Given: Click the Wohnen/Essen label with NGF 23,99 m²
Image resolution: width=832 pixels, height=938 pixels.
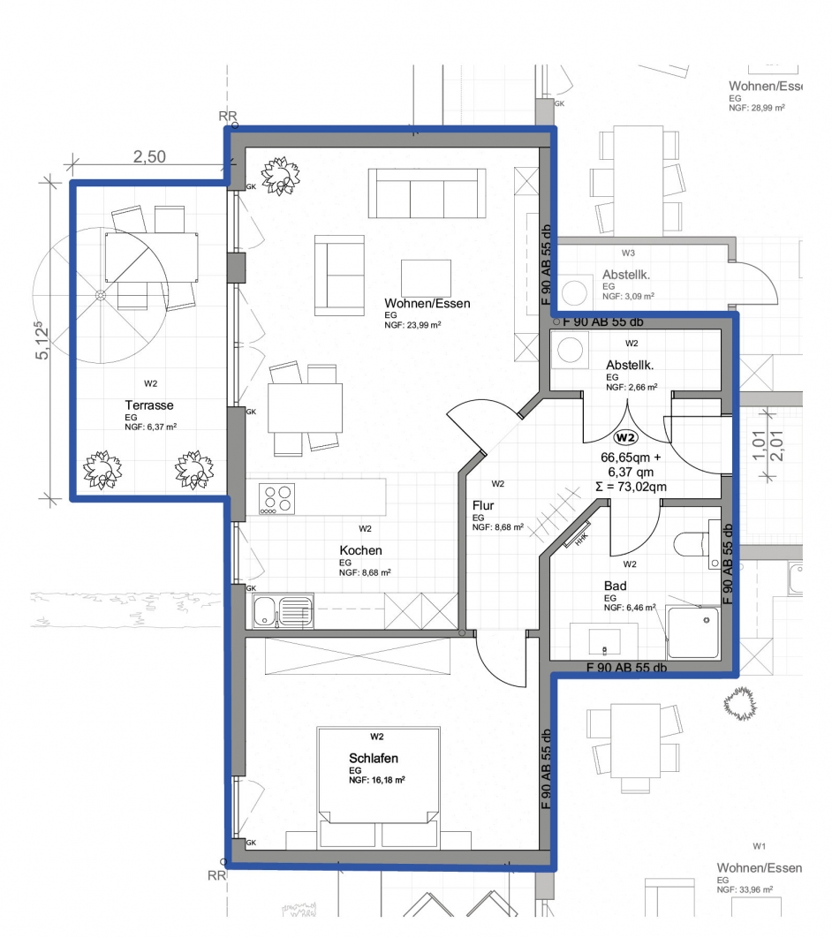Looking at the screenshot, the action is click(427, 303).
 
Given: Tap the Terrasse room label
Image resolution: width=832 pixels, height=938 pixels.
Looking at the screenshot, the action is click(149, 405).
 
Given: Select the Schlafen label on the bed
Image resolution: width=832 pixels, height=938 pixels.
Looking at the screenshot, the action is click(374, 758).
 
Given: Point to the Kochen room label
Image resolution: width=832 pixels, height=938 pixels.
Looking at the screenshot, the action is click(360, 550).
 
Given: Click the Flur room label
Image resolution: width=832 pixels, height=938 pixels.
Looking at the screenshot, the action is click(483, 505).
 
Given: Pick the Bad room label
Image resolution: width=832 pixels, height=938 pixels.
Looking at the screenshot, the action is click(616, 586).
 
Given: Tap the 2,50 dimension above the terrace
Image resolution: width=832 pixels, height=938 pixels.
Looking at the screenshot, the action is click(149, 156).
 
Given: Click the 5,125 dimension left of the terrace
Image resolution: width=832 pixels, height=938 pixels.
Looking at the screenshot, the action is click(42, 340).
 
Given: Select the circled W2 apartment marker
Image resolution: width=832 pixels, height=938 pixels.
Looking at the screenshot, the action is click(625, 437).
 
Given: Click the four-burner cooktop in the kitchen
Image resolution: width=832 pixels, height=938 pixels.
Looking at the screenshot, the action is click(277, 498).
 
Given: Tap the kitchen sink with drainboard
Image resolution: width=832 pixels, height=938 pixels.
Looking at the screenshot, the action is click(283, 611).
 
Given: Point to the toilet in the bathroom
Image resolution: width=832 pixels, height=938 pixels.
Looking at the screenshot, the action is click(696, 544).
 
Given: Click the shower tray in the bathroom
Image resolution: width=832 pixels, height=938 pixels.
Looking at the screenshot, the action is click(693, 632).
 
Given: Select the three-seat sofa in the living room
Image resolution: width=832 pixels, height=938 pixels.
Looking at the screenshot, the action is click(427, 193).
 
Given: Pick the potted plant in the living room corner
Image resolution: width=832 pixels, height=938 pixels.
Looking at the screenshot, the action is click(280, 175).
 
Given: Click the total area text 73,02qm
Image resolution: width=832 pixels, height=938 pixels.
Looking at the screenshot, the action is click(631, 487).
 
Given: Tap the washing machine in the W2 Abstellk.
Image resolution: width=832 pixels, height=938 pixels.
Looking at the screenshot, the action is click(570, 350).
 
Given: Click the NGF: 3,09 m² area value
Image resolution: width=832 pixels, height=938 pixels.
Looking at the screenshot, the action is click(628, 296).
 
